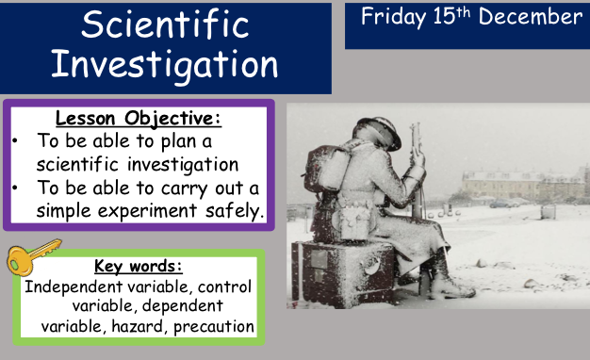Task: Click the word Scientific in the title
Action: coord(165,25)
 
